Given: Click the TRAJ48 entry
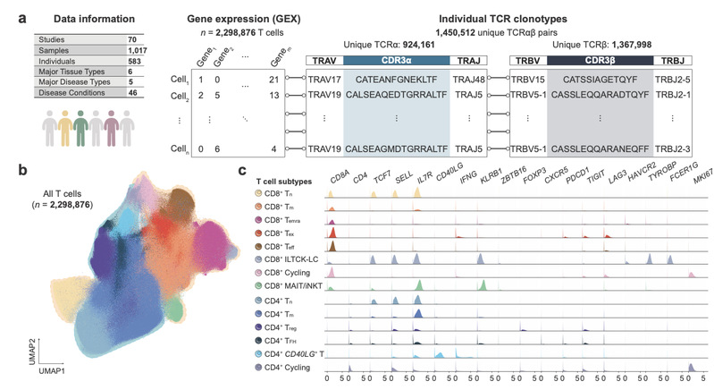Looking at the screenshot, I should (x=468, y=81).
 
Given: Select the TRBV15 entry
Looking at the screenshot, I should (x=528, y=81).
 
